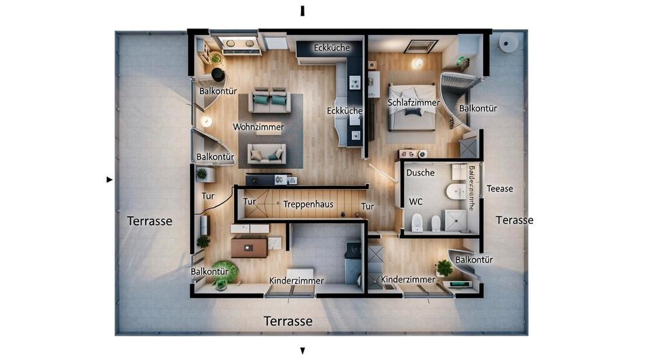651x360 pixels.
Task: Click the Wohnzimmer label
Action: tap(258, 127)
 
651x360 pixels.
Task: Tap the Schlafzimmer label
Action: tap(414, 102)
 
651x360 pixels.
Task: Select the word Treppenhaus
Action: tap(309, 204)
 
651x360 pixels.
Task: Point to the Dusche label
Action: tap(420, 173)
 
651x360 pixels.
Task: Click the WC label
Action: tap(416, 201)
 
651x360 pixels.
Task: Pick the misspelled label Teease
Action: tap(500, 188)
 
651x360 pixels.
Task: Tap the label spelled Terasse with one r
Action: tap(514, 220)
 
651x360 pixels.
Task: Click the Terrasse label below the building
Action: tap(288, 321)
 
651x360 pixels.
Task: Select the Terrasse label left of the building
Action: tap(150, 220)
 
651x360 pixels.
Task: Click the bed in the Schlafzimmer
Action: tap(412, 108)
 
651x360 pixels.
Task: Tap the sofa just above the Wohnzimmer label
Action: tap(271, 102)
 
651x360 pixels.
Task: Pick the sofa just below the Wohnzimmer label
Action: tap(267, 155)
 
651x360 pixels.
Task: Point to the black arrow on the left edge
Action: tap(109, 180)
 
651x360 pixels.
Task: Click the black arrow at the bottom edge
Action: tap(302, 351)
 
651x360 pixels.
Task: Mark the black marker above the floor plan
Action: tap(302, 10)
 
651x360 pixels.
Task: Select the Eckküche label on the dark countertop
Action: tap(332, 47)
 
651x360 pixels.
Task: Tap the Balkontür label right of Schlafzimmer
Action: tap(478, 108)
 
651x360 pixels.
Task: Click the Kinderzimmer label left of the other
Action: tap(296, 280)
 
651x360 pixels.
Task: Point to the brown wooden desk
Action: tap(249, 248)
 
